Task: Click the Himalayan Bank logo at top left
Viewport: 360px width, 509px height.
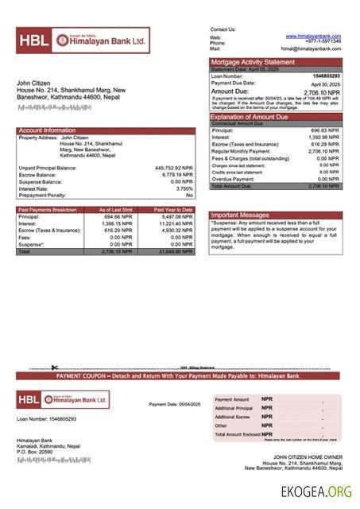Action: (82, 40)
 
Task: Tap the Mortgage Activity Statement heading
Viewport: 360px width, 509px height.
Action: (252, 62)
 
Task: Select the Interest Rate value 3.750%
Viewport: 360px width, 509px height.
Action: (182, 188)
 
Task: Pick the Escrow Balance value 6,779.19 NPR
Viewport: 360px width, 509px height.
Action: (176, 174)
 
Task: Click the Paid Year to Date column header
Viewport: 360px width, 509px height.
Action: (173, 209)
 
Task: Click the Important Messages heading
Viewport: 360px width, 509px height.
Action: (239, 215)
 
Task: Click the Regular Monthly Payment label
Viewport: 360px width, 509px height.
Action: (241, 151)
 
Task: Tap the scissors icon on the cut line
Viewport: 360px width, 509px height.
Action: (54, 367)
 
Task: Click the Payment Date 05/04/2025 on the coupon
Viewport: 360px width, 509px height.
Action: (175, 405)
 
